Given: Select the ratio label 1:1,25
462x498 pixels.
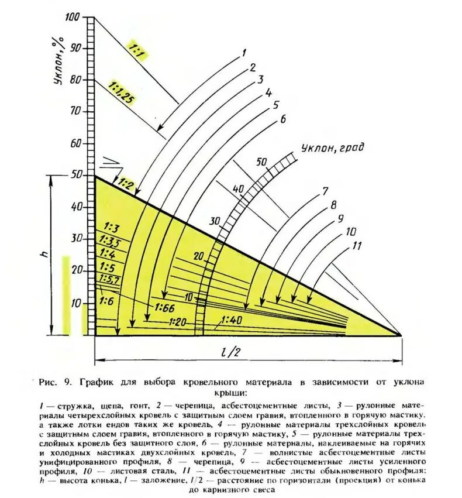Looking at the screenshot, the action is pyautogui.click(x=120, y=92).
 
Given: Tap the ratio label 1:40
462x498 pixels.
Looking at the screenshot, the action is pyautogui.click(x=232, y=320).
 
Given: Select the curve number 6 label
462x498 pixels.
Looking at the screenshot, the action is pyautogui.click(x=282, y=119).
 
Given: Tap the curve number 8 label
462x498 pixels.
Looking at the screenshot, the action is pyautogui.click(x=333, y=205).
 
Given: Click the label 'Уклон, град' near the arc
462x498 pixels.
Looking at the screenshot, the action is pyautogui.click(x=332, y=147).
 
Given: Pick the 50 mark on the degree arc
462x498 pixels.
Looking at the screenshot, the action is pyautogui.click(x=261, y=162).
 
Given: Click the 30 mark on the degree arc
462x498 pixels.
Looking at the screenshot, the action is pyautogui.click(x=215, y=222).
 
